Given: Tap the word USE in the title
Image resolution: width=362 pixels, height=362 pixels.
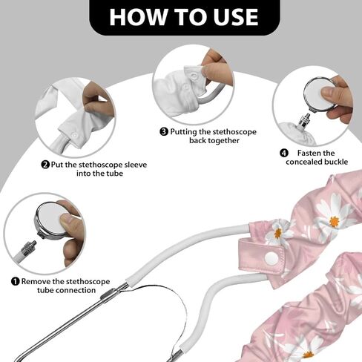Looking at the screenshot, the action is point(237,17).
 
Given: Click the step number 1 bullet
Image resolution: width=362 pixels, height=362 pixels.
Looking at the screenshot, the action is point(16,281).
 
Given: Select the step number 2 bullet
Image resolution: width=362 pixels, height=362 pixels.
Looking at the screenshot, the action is point(45,165).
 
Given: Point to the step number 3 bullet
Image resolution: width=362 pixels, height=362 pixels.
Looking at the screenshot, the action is point(164,131).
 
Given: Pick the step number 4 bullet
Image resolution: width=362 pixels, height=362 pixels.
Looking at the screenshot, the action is point(284,153).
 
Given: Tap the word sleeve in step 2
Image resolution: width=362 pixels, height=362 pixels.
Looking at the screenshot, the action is point(136,165).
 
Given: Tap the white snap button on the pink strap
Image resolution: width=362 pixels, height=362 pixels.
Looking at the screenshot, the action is point(271,258).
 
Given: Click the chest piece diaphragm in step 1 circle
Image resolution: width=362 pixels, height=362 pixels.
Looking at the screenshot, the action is point(50,221).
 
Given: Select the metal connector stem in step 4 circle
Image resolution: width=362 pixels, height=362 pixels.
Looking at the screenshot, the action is point(305,119).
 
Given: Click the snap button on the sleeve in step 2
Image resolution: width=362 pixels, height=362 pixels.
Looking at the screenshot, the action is point(75,135).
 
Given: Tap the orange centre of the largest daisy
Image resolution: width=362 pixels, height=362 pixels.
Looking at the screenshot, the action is point(335,221).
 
